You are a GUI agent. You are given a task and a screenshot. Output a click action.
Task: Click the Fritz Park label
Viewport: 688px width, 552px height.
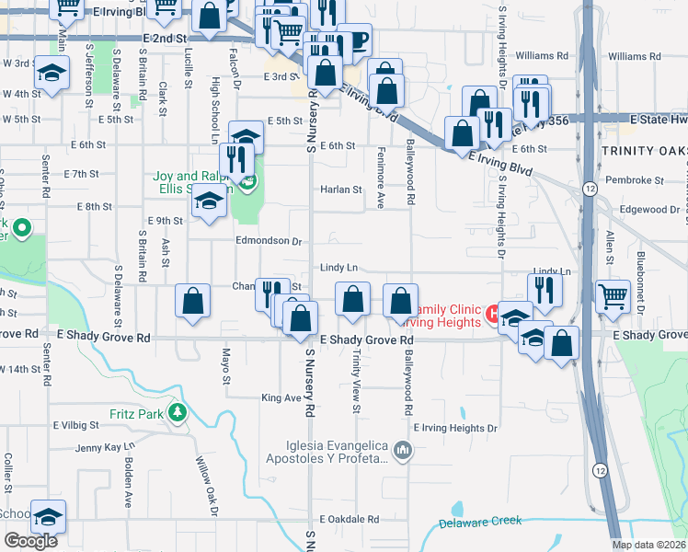pyautogui.click(x=138, y=413)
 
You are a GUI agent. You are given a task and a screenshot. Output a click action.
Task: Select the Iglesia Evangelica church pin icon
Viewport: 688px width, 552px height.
pyautogui.click(x=401, y=451)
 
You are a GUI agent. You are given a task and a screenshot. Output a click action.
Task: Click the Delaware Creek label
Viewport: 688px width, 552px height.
pyautogui.click(x=479, y=522)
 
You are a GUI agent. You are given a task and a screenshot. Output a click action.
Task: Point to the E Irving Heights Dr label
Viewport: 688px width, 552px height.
pyautogui.click(x=454, y=428)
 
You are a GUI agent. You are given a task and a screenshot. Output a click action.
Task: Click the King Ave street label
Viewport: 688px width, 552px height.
pyautogui.click(x=281, y=398)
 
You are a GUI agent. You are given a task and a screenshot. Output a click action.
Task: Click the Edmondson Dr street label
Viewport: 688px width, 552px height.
pyautogui.click(x=269, y=242)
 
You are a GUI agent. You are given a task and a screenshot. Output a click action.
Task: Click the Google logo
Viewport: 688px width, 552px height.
pyautogui.click(x=30, y=541)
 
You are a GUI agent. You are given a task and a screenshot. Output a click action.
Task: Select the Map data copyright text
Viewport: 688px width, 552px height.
pyautogui.click(x=648, y=545)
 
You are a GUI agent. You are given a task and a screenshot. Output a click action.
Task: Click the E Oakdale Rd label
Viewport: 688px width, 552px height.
pyautogui.click(x=348, y=519)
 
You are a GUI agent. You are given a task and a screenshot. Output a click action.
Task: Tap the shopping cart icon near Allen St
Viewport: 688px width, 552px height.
pyautogui.click(x=613, y=296)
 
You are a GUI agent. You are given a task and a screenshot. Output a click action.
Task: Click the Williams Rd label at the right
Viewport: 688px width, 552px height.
pyautogui.click(x=634, y=56)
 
